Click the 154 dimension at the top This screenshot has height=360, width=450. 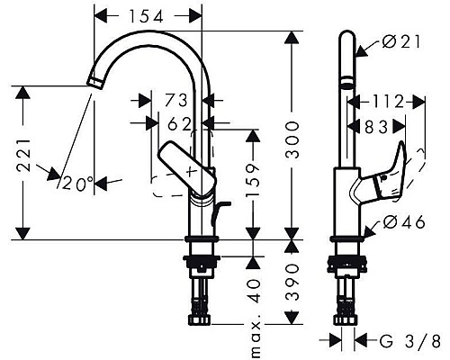148,15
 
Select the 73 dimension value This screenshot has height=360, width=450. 176,98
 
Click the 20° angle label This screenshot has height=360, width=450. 77,184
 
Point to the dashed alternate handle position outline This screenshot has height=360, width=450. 166,190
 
